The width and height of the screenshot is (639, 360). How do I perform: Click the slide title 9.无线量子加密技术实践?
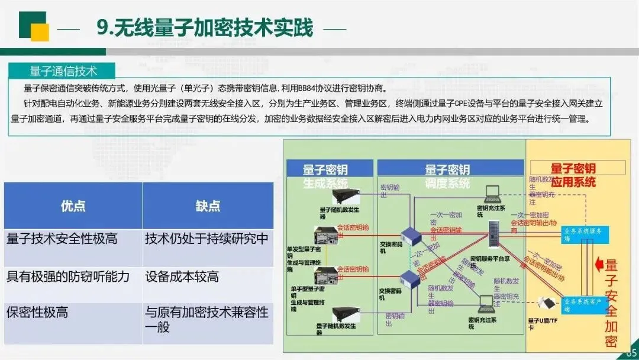point(205,27)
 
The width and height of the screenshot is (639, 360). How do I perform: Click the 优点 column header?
point(73,205)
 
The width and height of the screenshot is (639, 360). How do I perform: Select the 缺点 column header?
point(208,205)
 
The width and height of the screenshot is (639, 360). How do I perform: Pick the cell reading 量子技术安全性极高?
point(62,239)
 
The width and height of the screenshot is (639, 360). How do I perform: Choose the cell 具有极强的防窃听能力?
point(68,276)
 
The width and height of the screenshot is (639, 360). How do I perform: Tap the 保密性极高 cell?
point(37,313)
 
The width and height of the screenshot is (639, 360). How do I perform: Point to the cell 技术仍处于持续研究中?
point(206,239)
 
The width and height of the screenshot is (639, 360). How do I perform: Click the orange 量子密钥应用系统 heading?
point(573,175)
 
